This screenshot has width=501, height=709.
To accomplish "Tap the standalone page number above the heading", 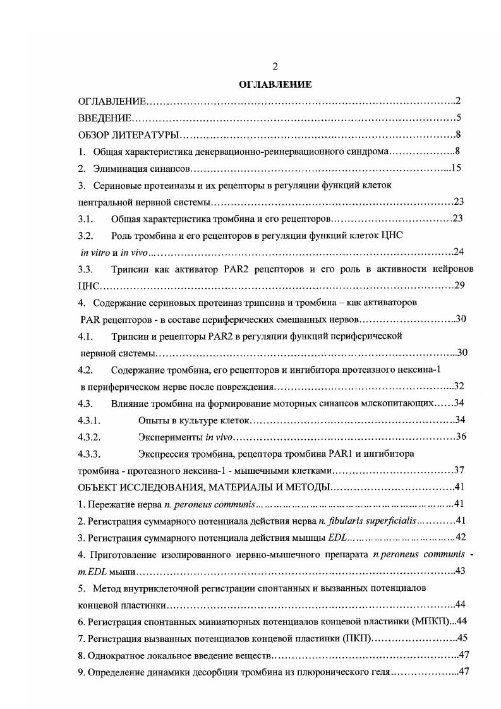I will tap(275, 67).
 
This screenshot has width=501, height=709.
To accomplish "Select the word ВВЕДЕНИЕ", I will tap(105, 118).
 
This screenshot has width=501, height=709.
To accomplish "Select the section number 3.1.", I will tap(85, 219).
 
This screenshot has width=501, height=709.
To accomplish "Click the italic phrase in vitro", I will tap(92, 252).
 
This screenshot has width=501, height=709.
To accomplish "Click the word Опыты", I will tap(152, 420).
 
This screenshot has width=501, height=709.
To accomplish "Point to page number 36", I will tap(461, 437).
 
